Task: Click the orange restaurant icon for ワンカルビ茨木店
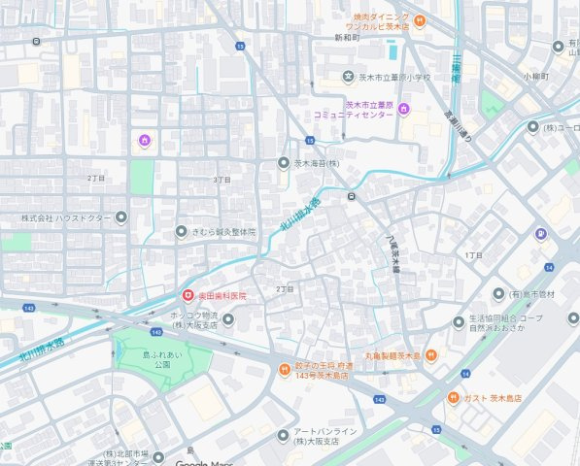pyautogui.click(x=418, y=19)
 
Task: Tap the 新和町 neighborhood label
pyautogui.click(x=346, y=38)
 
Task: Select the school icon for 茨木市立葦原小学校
pyautogui.click(x=348, y=77)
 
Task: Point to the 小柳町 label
pyautogui.click(x=534, y=76)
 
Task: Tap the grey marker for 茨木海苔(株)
pyautogui.click(x=284, y=163)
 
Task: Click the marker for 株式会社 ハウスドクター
pyautogui.click(x=120, y=217)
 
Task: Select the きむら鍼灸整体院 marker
pyautogui.click(x=181, y=232)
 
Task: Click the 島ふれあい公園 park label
pyautogui.click(x=163, y=358)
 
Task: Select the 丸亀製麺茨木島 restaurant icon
pyautogui.click(x=432, y=355)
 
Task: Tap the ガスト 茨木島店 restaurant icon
pyautogui.click(x=454, y=398)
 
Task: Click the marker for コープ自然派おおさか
pyautogui.click(x=459, y=322)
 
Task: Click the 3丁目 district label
pyautogui.click(x=222, y=181)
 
